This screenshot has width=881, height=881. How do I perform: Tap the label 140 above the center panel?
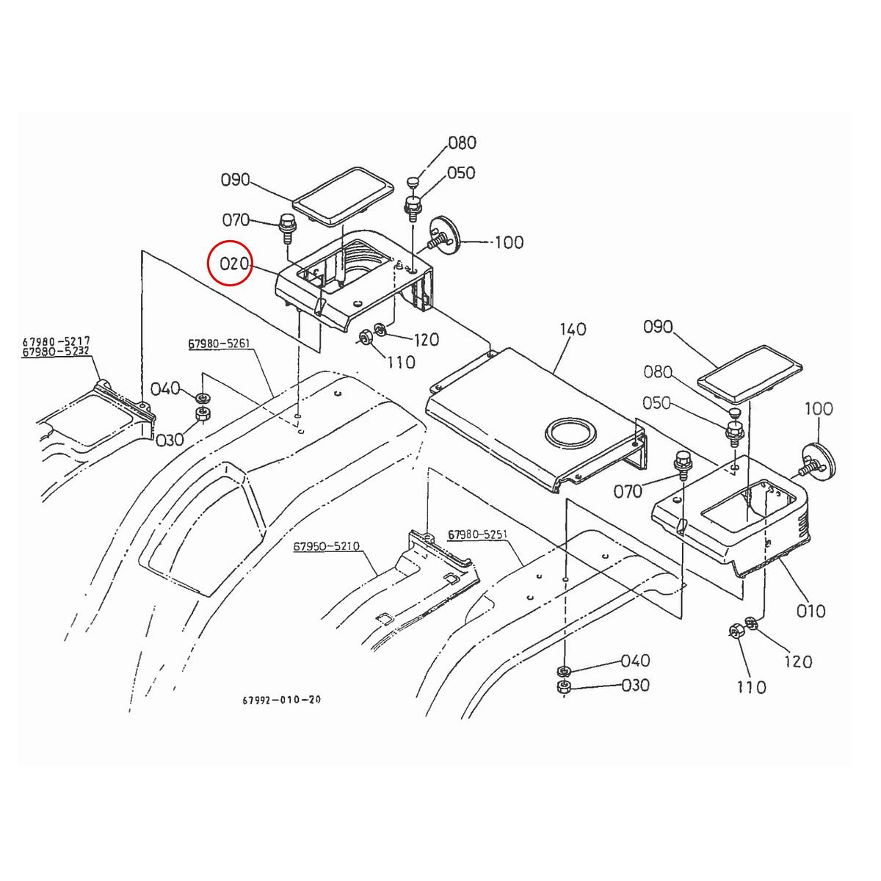(x=572, y=329)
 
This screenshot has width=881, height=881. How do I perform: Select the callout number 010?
(x=811, y=610)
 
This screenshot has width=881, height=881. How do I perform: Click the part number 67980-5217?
(x=56, y=341)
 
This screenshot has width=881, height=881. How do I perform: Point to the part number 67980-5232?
(x=56, y=352)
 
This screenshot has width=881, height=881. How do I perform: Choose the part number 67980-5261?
(x=219, y=344)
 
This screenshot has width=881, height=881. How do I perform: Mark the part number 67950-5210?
(x=326, y=547)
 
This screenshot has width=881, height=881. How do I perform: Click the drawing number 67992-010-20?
(x=281, y=700)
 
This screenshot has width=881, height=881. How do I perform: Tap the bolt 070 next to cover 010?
(x=681, y=466)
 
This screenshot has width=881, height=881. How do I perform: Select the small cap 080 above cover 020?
(x=413, y=181)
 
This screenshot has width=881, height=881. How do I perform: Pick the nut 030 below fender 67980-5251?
(x=564, y=687)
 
